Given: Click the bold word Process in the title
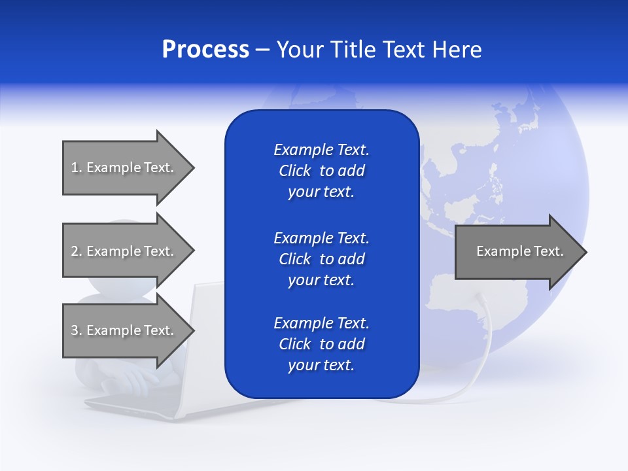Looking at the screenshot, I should click(205, 50).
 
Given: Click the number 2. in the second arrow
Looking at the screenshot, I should click(77, 251).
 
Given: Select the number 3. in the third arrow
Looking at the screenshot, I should click(77, 330).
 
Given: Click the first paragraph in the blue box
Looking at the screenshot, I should click(321, 171).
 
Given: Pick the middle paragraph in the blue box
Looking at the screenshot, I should click(321, 259).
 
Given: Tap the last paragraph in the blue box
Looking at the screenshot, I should click(321, 344).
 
